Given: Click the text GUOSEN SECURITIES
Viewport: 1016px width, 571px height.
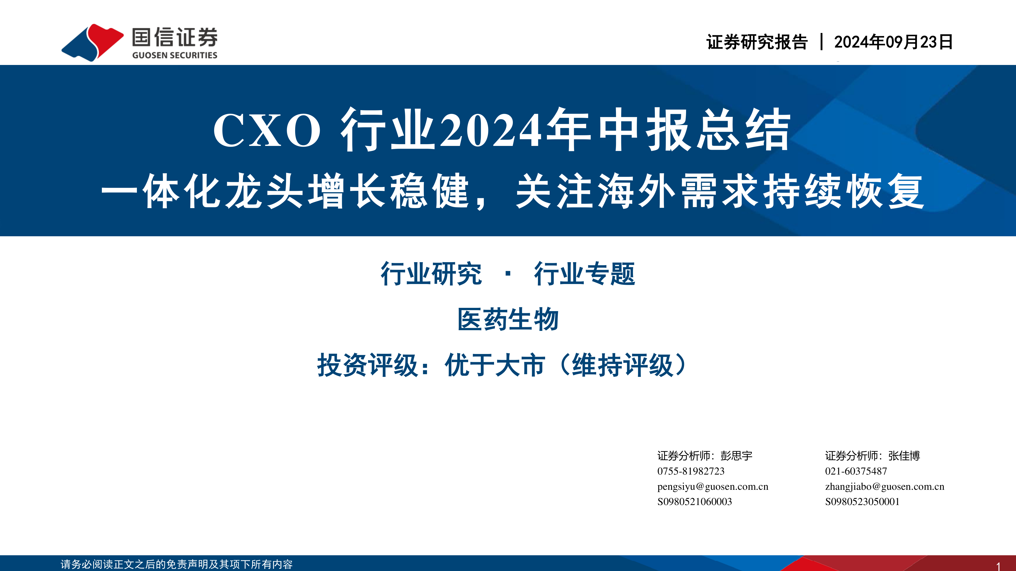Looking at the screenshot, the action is tap(175, 55).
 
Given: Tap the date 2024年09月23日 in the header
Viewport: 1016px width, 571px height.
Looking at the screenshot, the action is tap(893, 42).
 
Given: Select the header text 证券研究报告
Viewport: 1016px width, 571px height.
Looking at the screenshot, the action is tap(757, 42).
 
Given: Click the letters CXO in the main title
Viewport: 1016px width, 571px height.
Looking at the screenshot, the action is tap(267, 130).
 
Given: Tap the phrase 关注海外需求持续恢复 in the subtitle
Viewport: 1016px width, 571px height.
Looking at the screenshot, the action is tap(720, 192).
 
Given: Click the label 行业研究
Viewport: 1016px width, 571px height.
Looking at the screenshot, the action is tap(431, 274).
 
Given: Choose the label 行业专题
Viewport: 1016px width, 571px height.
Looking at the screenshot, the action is tap(584, 274).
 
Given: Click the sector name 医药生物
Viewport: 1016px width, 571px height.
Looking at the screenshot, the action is tap(508, 319).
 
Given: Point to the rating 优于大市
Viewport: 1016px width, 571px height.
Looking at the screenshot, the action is tap(495, 365).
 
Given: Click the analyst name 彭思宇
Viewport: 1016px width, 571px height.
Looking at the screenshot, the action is tap(736, 456).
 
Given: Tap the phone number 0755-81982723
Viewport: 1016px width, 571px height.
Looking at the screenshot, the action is tap(691, 471).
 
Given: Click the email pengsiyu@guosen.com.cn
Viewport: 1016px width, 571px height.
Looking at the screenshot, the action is tap(713, 487).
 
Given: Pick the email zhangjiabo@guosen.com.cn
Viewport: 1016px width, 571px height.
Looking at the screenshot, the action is tap(885, 487).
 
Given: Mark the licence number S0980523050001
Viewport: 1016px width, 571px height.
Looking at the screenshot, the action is tap(862, 502).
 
